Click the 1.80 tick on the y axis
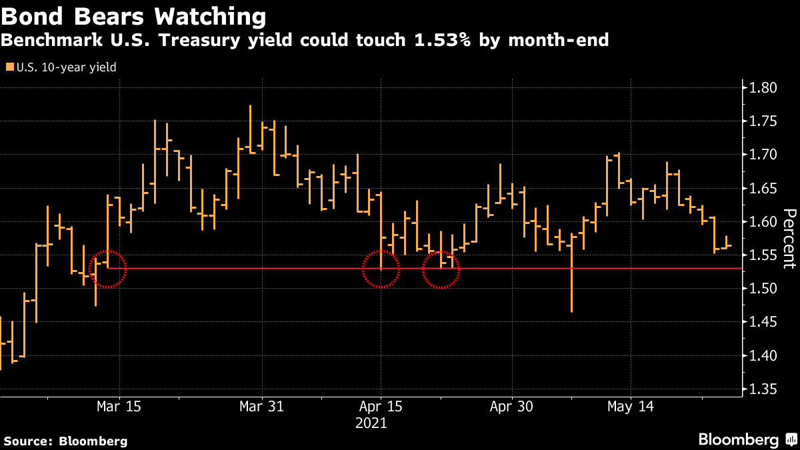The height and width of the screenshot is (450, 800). [x=763, y=87]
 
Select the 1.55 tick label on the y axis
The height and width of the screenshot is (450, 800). [x=763, y=255]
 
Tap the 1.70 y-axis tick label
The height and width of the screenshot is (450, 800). [x=763, y=155]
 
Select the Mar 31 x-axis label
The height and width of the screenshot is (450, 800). [x=262, y=406]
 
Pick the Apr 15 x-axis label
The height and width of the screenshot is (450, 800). [x=381, y=406]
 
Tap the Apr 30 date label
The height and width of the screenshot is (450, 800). [x=512, y=406]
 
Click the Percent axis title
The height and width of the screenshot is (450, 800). [x=789, y=238]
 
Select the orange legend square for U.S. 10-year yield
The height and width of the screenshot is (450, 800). [x=10, y=67]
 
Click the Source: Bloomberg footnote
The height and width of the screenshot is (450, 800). [x=65, y=441]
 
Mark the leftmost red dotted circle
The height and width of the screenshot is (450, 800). [x=107, y=269]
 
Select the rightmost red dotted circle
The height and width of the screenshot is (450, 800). [x=441, y=269]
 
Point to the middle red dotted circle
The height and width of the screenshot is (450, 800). [x=381, y=269]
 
